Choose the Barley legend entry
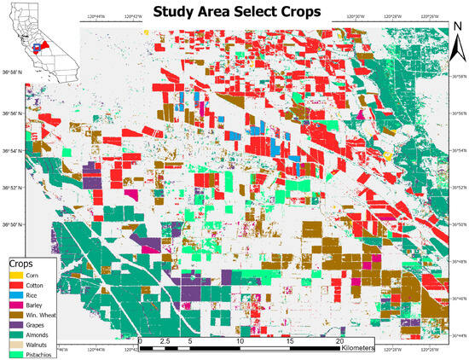click(34, 305)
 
